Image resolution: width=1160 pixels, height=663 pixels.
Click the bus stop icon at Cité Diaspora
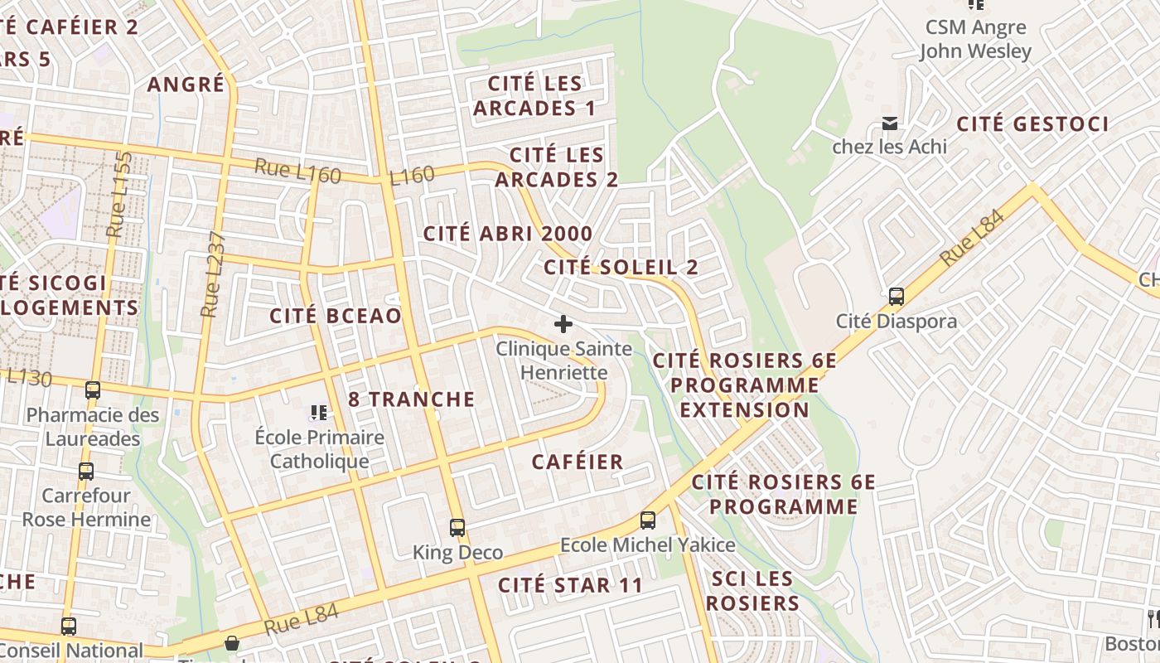click(896, 296)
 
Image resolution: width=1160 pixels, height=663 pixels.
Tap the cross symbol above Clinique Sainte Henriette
click(563, 323)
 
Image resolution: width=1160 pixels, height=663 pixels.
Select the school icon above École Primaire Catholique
click(319, 412)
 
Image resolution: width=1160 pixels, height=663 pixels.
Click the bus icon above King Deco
click(457, 527)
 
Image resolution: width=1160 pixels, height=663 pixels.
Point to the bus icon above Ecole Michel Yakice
click(647, 520)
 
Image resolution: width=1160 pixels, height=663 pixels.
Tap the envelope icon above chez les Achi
click(890, 123)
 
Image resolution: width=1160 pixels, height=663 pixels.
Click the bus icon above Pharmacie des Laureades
click(93, 390)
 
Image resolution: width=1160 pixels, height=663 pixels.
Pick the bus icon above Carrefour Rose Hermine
click(86, 472)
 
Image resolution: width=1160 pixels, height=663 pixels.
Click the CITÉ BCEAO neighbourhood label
click(336, 316)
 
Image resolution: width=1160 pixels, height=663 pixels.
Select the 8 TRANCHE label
click(412, 399)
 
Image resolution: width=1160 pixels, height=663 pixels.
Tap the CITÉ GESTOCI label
click(1032, 124)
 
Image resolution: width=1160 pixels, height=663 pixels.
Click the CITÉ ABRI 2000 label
click(508, 234)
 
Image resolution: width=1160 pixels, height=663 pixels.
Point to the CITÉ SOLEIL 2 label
click(621, 267)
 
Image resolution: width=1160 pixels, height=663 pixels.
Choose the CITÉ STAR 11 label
click(570, 585)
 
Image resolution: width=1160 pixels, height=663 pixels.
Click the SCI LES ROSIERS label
click(752, 591)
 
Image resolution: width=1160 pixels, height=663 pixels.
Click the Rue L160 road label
click(297, 171)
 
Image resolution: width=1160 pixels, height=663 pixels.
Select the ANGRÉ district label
click(186, 85)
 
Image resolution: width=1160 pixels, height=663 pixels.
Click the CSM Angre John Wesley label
click(975, 39)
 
